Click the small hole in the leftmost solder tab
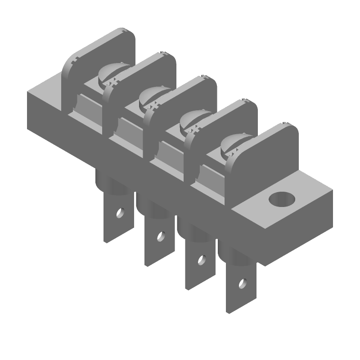[x=120, y=212]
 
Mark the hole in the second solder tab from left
[x=160, y=235]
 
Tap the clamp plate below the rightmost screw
[x=211, y=173]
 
